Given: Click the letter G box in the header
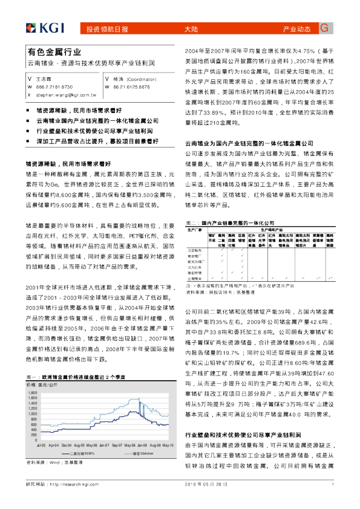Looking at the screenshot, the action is pyautogui.click(x=324, y=28).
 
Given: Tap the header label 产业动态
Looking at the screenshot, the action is pyautogui.click(x=296, y=29).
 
